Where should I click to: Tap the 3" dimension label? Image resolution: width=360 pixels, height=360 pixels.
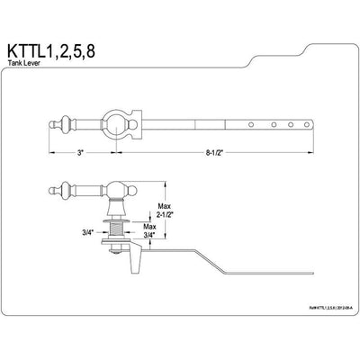(81, 154)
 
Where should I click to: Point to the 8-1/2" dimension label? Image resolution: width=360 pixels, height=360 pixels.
(223, 154)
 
